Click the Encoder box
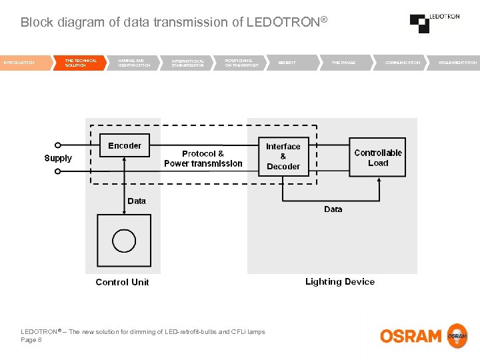coord(125,145)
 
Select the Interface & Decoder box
coord(283,157)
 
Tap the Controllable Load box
coord(378,157)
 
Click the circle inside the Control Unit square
coord(124,240)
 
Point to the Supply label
coord(58,158)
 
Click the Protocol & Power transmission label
coord(203,159)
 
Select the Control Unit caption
coord(123,282)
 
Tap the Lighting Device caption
coord(340,281)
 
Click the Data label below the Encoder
coord(137,201)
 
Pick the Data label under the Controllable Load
coord(333,209)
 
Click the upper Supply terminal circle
coord(58,145)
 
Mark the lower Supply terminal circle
coord(58,171)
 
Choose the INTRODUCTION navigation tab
coord(19,63)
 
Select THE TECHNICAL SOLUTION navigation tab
coord(81,63)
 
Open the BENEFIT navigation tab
coord(287,63)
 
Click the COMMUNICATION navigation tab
coord(403,63)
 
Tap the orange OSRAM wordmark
coord(411,336)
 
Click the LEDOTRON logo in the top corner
coord(434,23)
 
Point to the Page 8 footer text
coord(31,340)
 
